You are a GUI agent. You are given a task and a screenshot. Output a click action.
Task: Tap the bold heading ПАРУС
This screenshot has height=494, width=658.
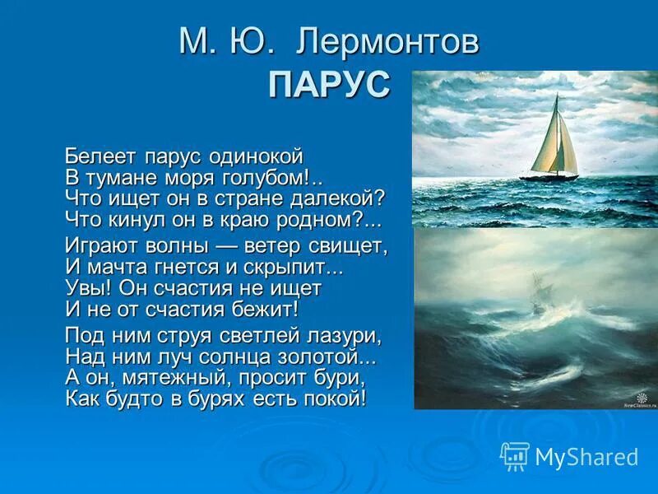(329, 84)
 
